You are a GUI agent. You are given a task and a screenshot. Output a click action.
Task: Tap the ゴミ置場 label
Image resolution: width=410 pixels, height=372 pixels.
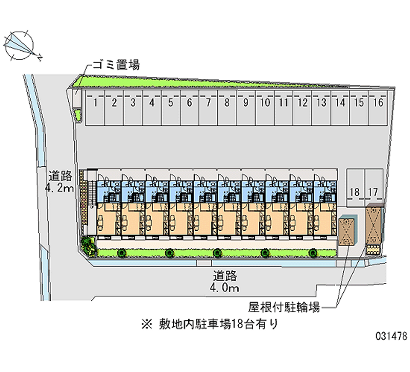point(115,64)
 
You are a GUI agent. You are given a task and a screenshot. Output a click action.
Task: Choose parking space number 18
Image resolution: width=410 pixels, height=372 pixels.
point(354,192)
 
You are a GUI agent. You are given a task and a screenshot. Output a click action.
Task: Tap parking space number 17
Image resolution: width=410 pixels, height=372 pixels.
point(374,192)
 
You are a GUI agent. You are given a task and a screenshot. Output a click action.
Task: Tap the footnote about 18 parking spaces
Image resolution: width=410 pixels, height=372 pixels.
point(211,323)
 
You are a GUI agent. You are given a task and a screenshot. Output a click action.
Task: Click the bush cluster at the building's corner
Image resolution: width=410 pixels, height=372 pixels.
point(88,246)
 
